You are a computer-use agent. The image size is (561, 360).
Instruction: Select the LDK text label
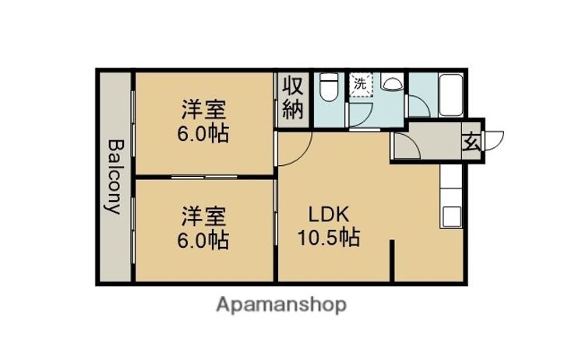pos(329,215)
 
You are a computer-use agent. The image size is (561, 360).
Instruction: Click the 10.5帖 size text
pos(329,237)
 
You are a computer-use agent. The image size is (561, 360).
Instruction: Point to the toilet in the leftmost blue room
pos(329,87)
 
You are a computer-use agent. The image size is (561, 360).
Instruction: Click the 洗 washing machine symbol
pos(361,85)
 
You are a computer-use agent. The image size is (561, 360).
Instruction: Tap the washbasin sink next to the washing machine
pos(392,82)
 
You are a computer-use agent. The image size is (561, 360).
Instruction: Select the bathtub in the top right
pos(450,95)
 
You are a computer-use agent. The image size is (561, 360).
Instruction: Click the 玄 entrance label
pos(471,143)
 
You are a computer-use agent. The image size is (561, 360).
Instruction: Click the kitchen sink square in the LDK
pos(451,217)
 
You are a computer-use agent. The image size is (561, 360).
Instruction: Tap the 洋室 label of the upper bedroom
pos(203,110)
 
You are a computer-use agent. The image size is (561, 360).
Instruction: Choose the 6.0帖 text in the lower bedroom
pos(203,240)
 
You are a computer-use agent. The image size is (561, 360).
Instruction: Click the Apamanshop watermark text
pos(281,305)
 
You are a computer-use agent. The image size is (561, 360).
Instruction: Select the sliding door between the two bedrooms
pos(204,177)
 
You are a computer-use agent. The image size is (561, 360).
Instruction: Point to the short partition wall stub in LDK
pos(392,260)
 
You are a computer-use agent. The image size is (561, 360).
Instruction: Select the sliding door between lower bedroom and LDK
pos(276,212)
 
